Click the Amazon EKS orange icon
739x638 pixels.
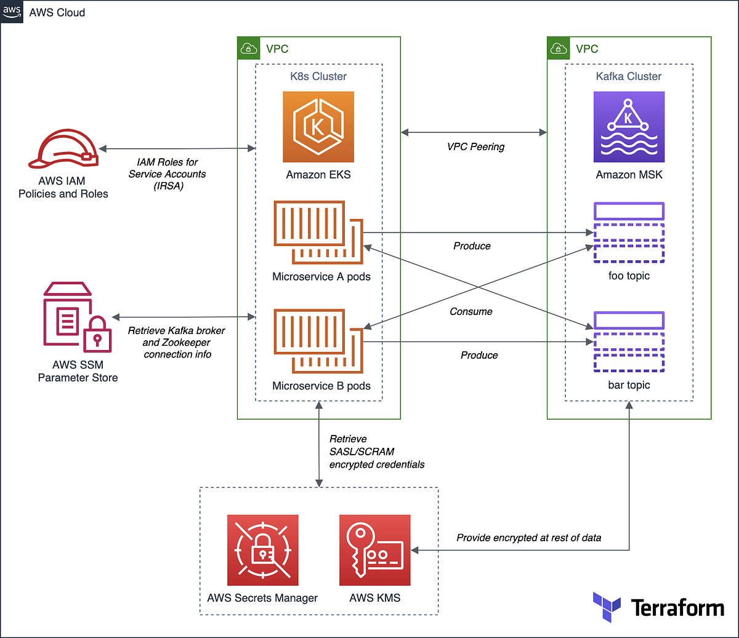(318, 127)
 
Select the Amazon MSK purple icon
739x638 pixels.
(629, 127)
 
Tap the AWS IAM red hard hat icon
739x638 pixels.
(63, 149)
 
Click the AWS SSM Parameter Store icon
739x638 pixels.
(78, 317)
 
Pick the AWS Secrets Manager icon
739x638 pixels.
(262, 550)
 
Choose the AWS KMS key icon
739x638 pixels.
(374, 550)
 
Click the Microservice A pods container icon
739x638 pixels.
(318, 233)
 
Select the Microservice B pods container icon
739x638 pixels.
(318, 341)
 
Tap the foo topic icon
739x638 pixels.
(629, 233)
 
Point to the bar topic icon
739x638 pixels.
(629, 342)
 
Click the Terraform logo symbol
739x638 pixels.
(607, 607)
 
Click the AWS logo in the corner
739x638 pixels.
(12, 12)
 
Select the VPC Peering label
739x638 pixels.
(475, 147)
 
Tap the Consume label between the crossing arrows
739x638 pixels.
(471, 312)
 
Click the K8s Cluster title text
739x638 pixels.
(318, 76)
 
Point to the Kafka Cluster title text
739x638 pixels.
(629, 76)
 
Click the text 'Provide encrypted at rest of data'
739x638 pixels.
(528, 538)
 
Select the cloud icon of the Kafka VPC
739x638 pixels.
(559, 49)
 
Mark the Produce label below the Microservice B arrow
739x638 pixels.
(479, 356)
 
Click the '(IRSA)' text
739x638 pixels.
(168, 186)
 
